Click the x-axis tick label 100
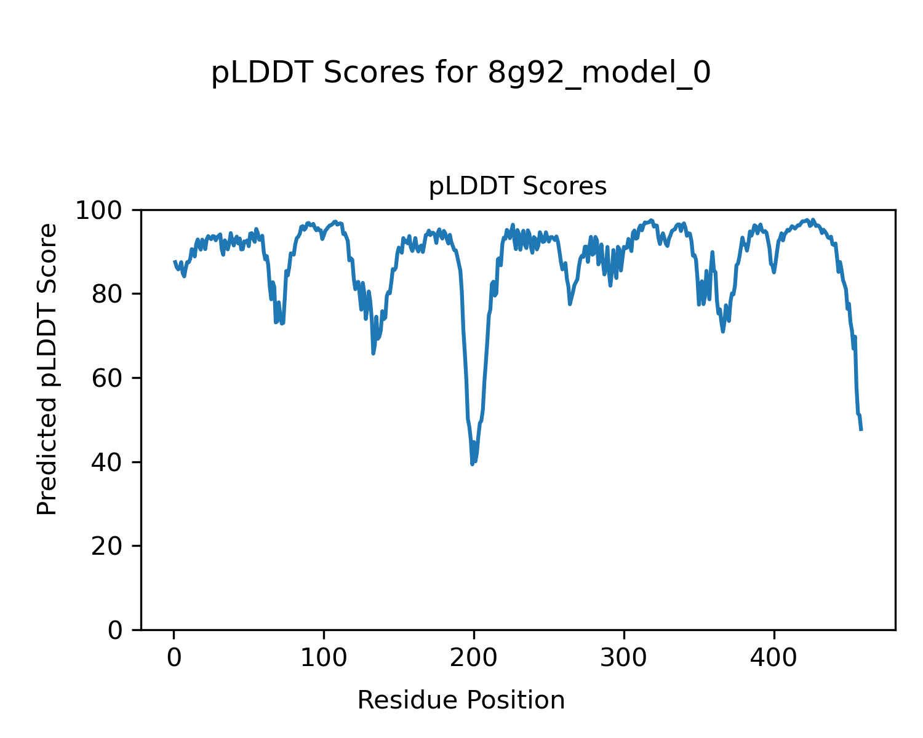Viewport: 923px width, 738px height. click(324, 657)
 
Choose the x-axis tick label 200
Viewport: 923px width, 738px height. click(474, 657)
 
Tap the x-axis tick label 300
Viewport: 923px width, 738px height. click(624, 657)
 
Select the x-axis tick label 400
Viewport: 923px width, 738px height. click(774, 657)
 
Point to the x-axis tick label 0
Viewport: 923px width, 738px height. click(174, 657)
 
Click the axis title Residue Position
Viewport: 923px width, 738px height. click(461, 700)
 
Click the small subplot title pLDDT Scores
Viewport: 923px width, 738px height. click(517, 186)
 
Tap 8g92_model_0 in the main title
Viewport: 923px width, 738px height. click(599, 73)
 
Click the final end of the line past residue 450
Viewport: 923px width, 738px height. click(861, 430)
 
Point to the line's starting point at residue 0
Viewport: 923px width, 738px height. click(174, 261)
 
